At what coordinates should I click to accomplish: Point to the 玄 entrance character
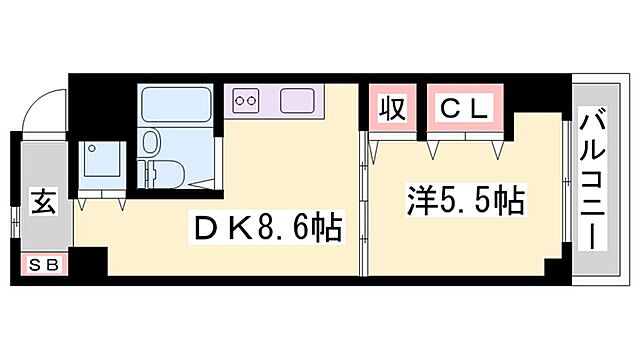pos(43,200)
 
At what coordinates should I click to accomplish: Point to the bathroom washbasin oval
pos(153,141)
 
